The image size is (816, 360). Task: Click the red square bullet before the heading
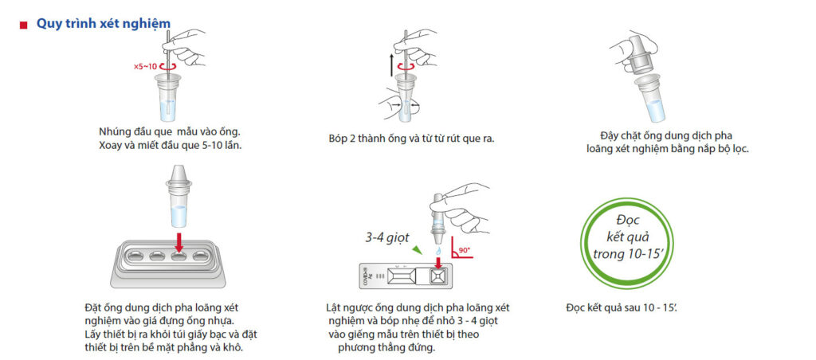[23, 25]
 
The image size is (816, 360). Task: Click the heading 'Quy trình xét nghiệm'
[103, 24]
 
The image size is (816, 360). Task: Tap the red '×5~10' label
[145, 67]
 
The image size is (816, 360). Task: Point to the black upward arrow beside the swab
[390, 66]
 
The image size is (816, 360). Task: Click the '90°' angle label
[465, 249]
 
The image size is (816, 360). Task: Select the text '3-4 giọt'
[386, 238]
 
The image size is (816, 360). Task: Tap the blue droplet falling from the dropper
[438, 250]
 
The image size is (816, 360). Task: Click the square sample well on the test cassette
[437, 277]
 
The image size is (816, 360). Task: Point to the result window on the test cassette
[403, 277]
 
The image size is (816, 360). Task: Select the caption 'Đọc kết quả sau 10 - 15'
[622, 307]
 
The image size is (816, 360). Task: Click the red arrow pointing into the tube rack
[179, 242]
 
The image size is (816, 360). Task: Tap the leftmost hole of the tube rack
[135, 256]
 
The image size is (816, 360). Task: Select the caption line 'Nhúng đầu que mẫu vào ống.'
[169, 131]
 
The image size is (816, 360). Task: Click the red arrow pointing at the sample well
[438, 262]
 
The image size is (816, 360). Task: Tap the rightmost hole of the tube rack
[202, 256]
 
